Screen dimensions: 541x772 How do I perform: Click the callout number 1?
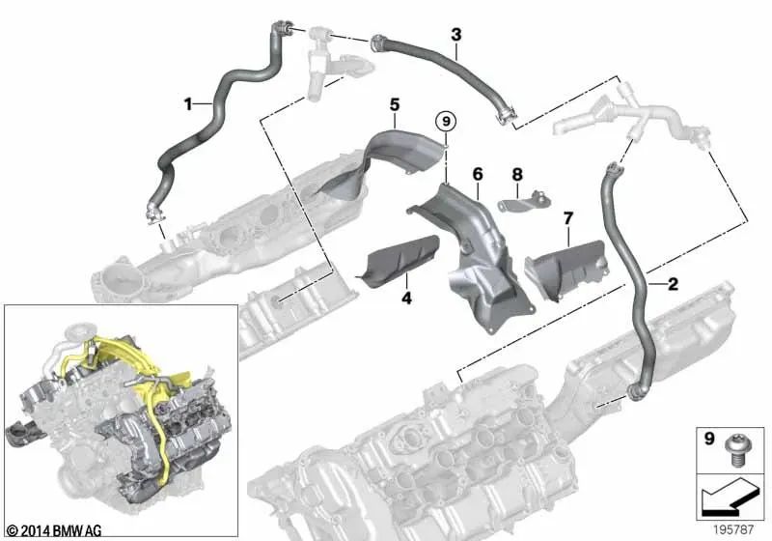point(189,100)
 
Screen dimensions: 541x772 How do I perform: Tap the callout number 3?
point(456,35)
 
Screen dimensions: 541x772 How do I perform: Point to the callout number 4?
point(406,299)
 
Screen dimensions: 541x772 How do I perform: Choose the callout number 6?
point(477,174)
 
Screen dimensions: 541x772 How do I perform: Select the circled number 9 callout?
point(444,122)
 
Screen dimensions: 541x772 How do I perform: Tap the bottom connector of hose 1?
point(152,210)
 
